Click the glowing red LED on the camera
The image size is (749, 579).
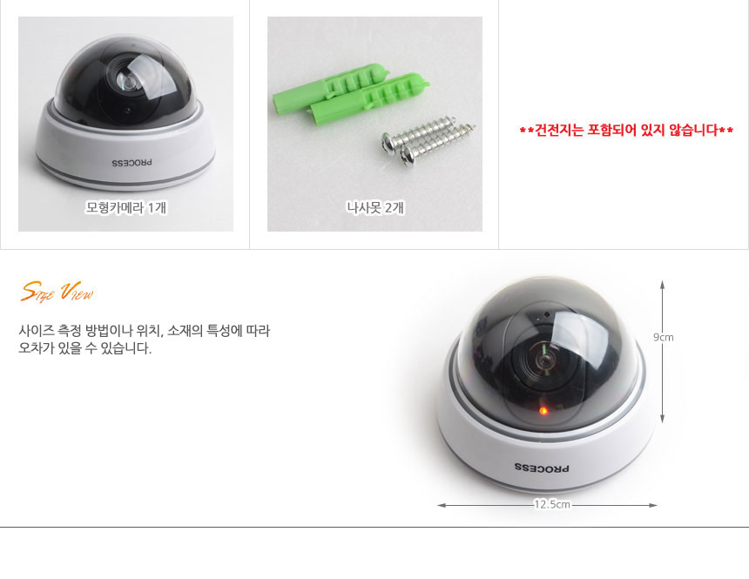[543, 410]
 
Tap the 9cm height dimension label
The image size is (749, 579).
[664, 337]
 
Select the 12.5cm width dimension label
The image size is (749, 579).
[552, 504]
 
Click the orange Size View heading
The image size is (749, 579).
[57, 292]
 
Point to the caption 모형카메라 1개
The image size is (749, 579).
[126, 207]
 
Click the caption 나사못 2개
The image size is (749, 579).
[375, 207]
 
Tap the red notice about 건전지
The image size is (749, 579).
[626, 130]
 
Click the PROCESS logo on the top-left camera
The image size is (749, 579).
[132, 163]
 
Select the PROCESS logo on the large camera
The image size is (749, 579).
[543, 468]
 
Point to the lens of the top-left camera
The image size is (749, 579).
[128, 82]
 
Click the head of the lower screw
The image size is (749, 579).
[408, 156]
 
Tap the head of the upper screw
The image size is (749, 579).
[389, 144]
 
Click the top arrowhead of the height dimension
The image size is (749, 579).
[662, 284]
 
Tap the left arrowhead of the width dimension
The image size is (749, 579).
[442, 505]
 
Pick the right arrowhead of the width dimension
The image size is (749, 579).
[653, 505]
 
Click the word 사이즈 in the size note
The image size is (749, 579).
[36, 331]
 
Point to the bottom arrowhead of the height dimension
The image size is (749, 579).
[662, 420]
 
